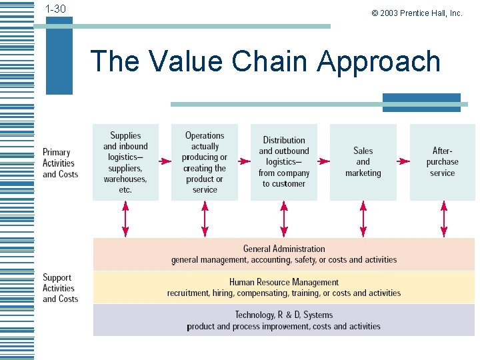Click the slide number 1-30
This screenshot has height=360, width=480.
point(55,9)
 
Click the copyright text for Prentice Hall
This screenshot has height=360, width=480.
point(417,13)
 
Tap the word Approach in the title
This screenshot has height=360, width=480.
point(379,61)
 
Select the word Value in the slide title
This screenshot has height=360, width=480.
point(186,61)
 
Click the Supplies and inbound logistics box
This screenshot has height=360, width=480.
point(125,162)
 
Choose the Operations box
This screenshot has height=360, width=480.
point(205,162)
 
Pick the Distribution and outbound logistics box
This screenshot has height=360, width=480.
point(284,162)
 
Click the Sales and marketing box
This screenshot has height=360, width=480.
point(363,162)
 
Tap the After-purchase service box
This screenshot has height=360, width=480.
point(442,162)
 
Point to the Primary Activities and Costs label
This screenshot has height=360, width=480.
point(60,163)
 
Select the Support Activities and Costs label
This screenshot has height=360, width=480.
point(60,288)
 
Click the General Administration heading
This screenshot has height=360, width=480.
point(284,249)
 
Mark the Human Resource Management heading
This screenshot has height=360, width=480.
point(284,282)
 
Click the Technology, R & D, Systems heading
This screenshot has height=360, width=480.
point(284,315)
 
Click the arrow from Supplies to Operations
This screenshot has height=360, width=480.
point(165,161)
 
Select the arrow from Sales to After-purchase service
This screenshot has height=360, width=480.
point(403,161)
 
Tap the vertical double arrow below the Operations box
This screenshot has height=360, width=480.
point(205,219)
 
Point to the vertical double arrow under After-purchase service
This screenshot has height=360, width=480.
point(443,219)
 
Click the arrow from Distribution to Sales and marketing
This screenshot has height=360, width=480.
point(323,161)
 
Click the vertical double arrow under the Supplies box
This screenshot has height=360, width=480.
point(125,219)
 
